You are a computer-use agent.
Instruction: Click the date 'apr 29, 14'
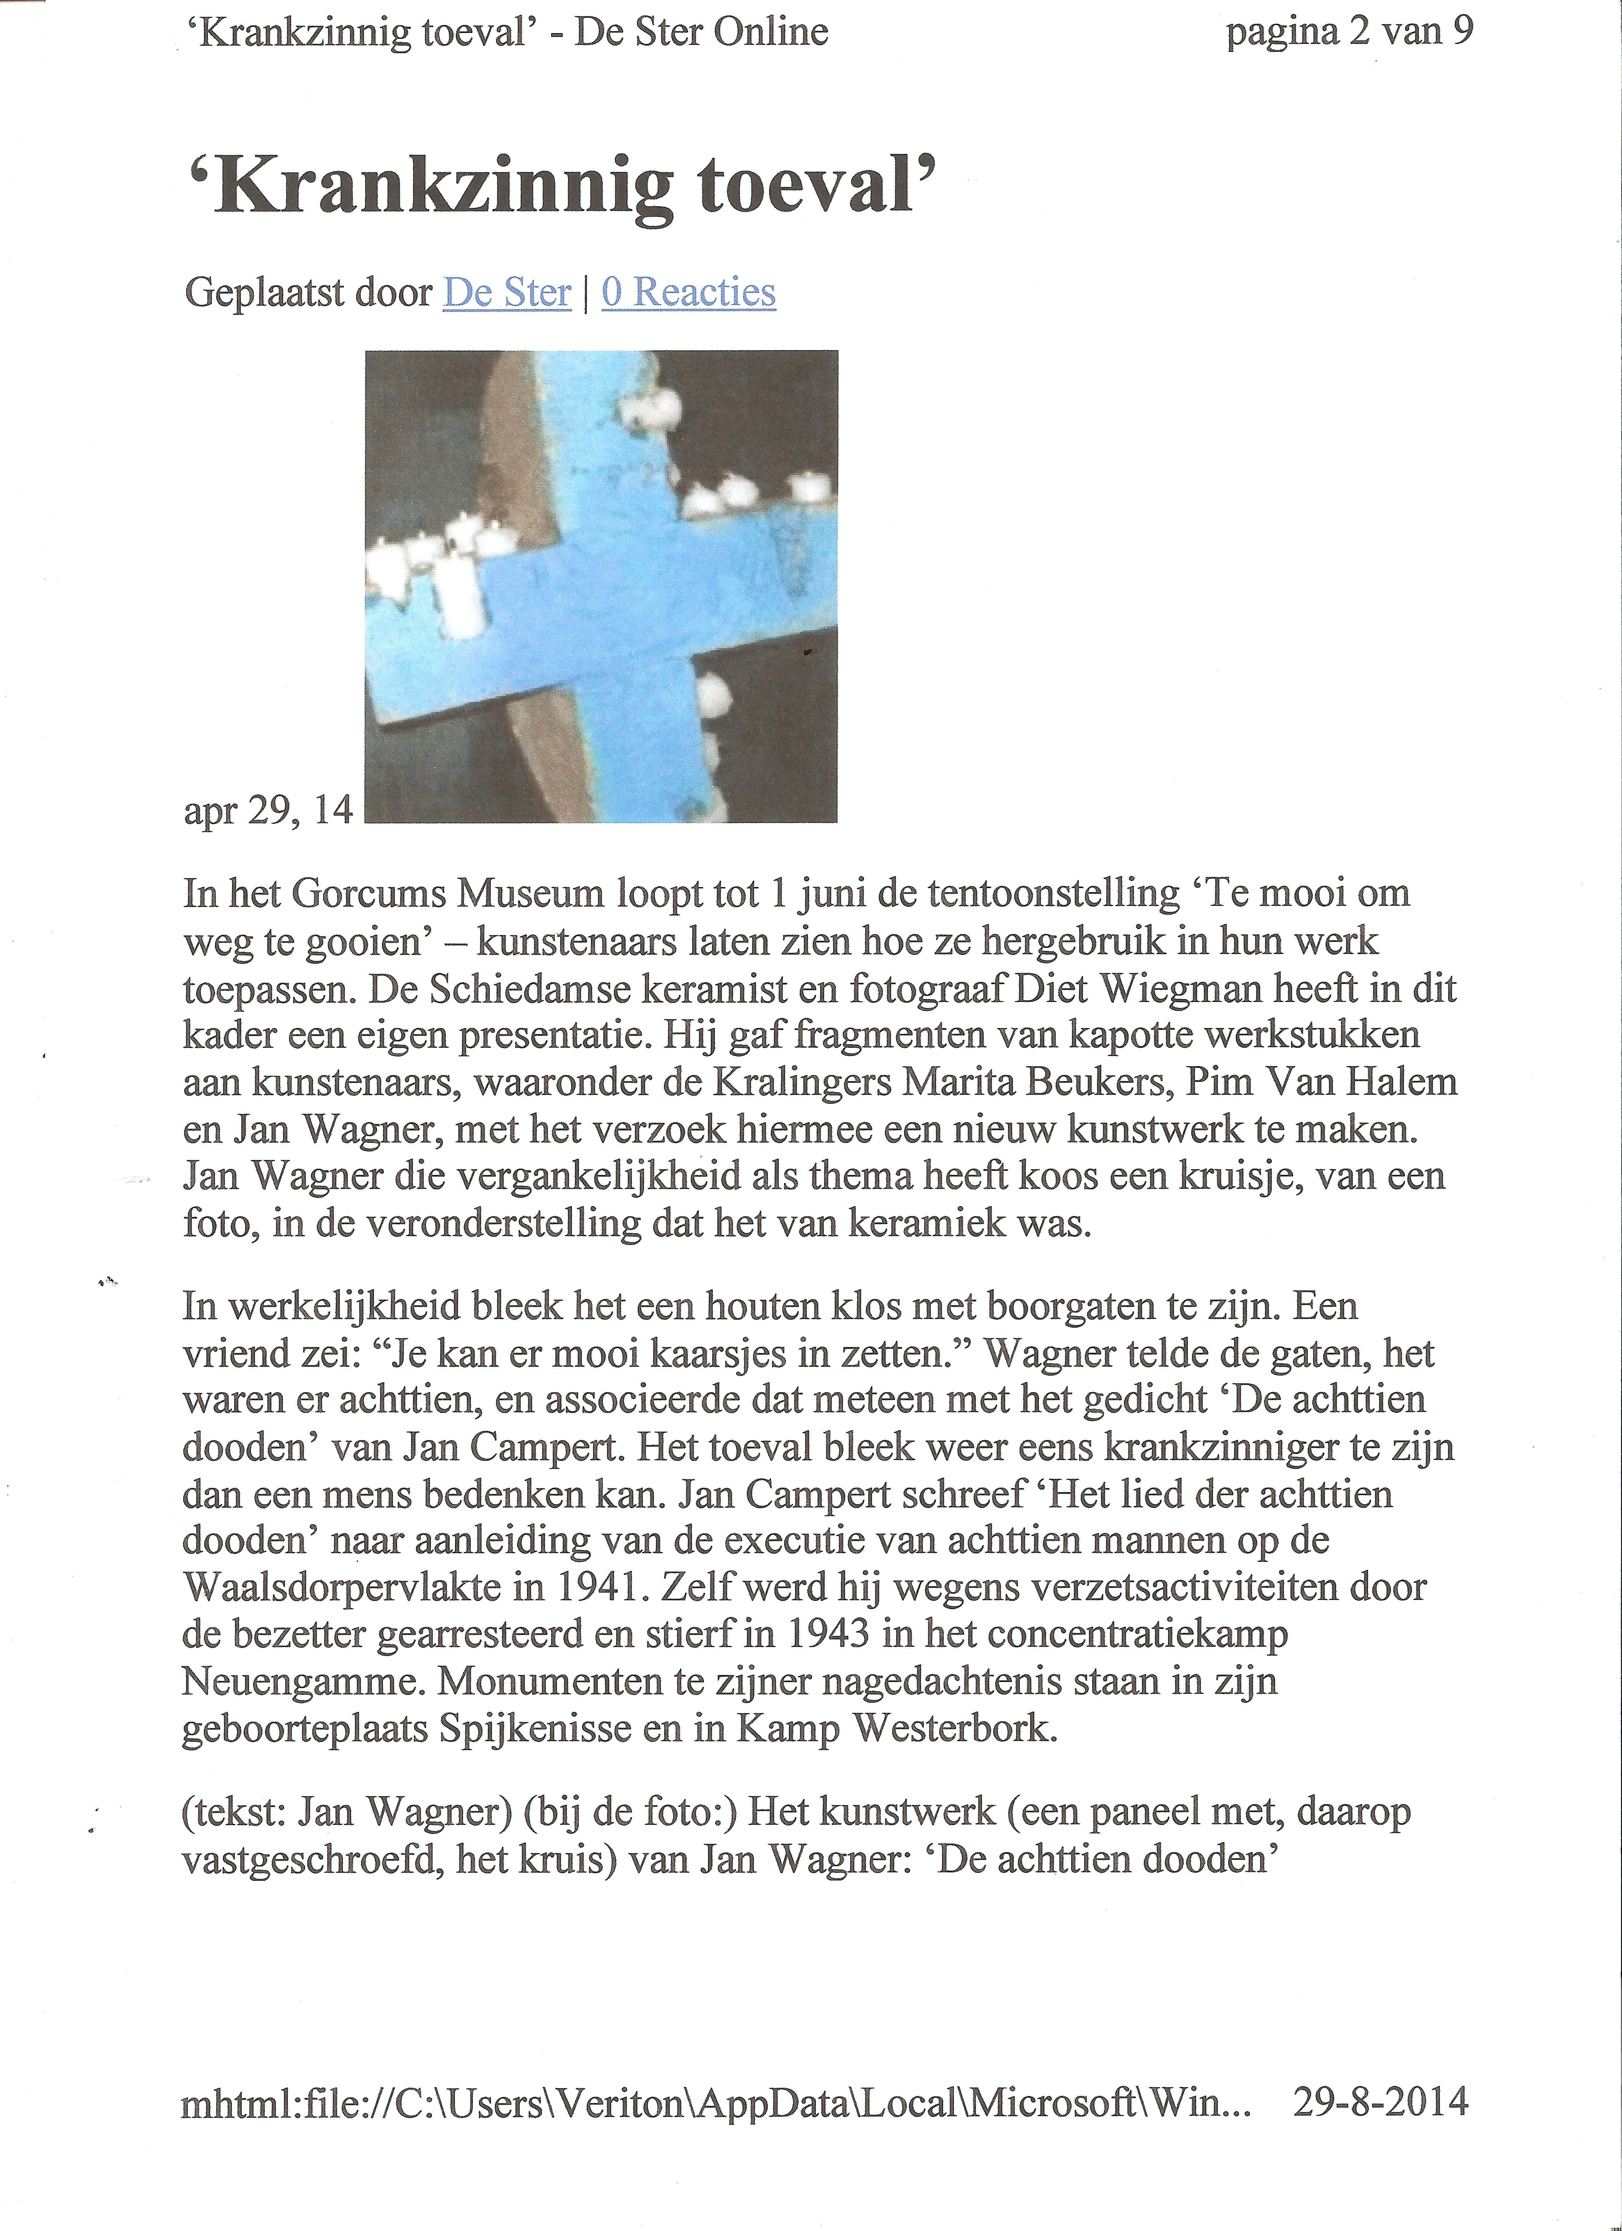pos(267,810)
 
